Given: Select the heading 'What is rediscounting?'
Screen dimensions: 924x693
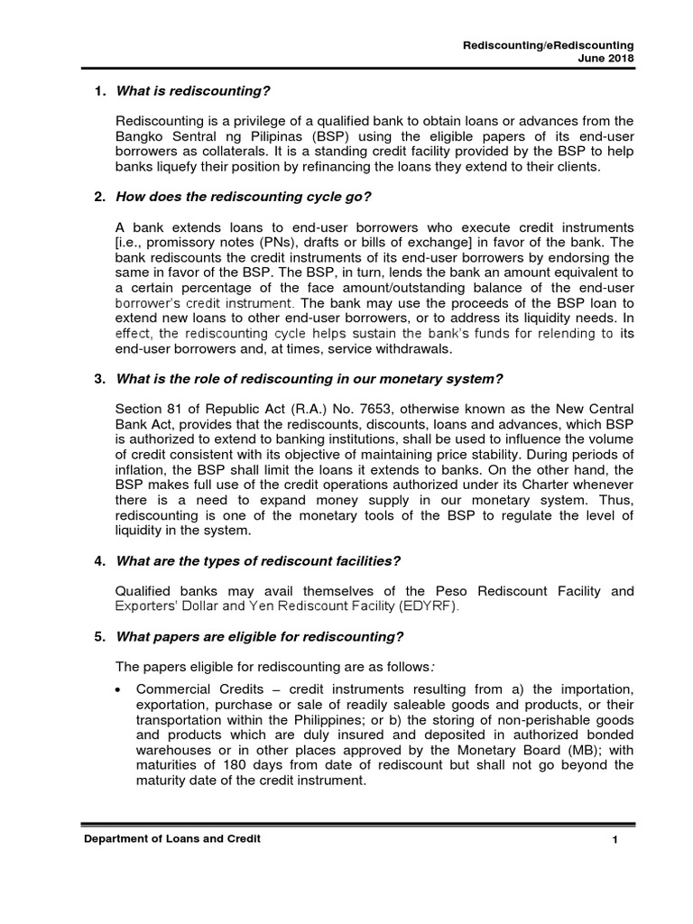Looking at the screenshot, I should [193, 92].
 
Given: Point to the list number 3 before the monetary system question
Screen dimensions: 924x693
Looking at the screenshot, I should [100, 377].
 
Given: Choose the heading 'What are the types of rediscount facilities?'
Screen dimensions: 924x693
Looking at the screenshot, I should [258, 561].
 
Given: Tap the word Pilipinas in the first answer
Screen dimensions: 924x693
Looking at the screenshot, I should [254, 135].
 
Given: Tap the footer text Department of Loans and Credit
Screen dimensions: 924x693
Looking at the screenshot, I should [172, 839].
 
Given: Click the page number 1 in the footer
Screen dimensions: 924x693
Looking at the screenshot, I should [614, 841].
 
